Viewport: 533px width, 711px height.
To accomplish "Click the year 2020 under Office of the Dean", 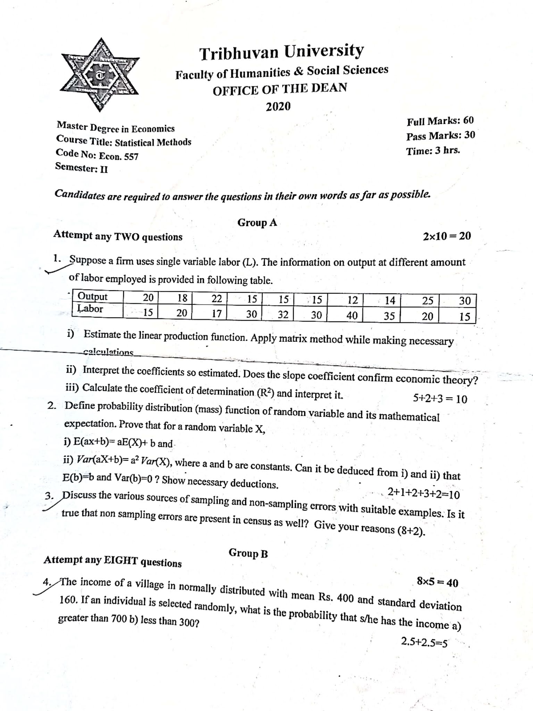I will (278, 106).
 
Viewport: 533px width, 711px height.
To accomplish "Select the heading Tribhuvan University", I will (281, 52).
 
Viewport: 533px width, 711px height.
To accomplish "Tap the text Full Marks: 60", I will (440, 121).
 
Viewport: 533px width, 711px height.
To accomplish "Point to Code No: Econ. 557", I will (97, 155).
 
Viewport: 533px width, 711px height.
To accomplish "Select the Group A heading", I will (257, 223).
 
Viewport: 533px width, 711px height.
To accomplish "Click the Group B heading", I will (248, 554).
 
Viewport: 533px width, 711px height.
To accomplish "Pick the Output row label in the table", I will (92, 297).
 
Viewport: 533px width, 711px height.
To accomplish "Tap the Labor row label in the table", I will (90, 309).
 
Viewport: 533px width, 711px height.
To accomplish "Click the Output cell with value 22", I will (216, 299).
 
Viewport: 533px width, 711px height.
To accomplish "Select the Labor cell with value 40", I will (352, 315).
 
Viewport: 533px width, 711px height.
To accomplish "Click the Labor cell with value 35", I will (389, 316).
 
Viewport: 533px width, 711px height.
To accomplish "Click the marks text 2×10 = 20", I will (447, 236).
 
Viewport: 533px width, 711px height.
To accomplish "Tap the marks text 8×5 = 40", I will (437, 582).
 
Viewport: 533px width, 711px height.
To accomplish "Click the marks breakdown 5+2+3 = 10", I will (440, 399).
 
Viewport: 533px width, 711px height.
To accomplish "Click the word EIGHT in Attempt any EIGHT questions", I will (120, 561).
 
